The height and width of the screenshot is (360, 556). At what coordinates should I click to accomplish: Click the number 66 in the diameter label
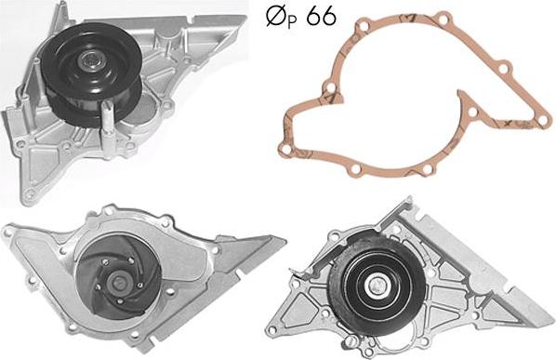click(322, 17)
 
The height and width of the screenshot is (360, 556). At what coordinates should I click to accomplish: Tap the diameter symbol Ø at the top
click(276, 17)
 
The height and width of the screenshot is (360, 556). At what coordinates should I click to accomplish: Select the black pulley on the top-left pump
click(91, 73)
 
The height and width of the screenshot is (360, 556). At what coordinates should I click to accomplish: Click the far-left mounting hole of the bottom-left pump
click(7, 233)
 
